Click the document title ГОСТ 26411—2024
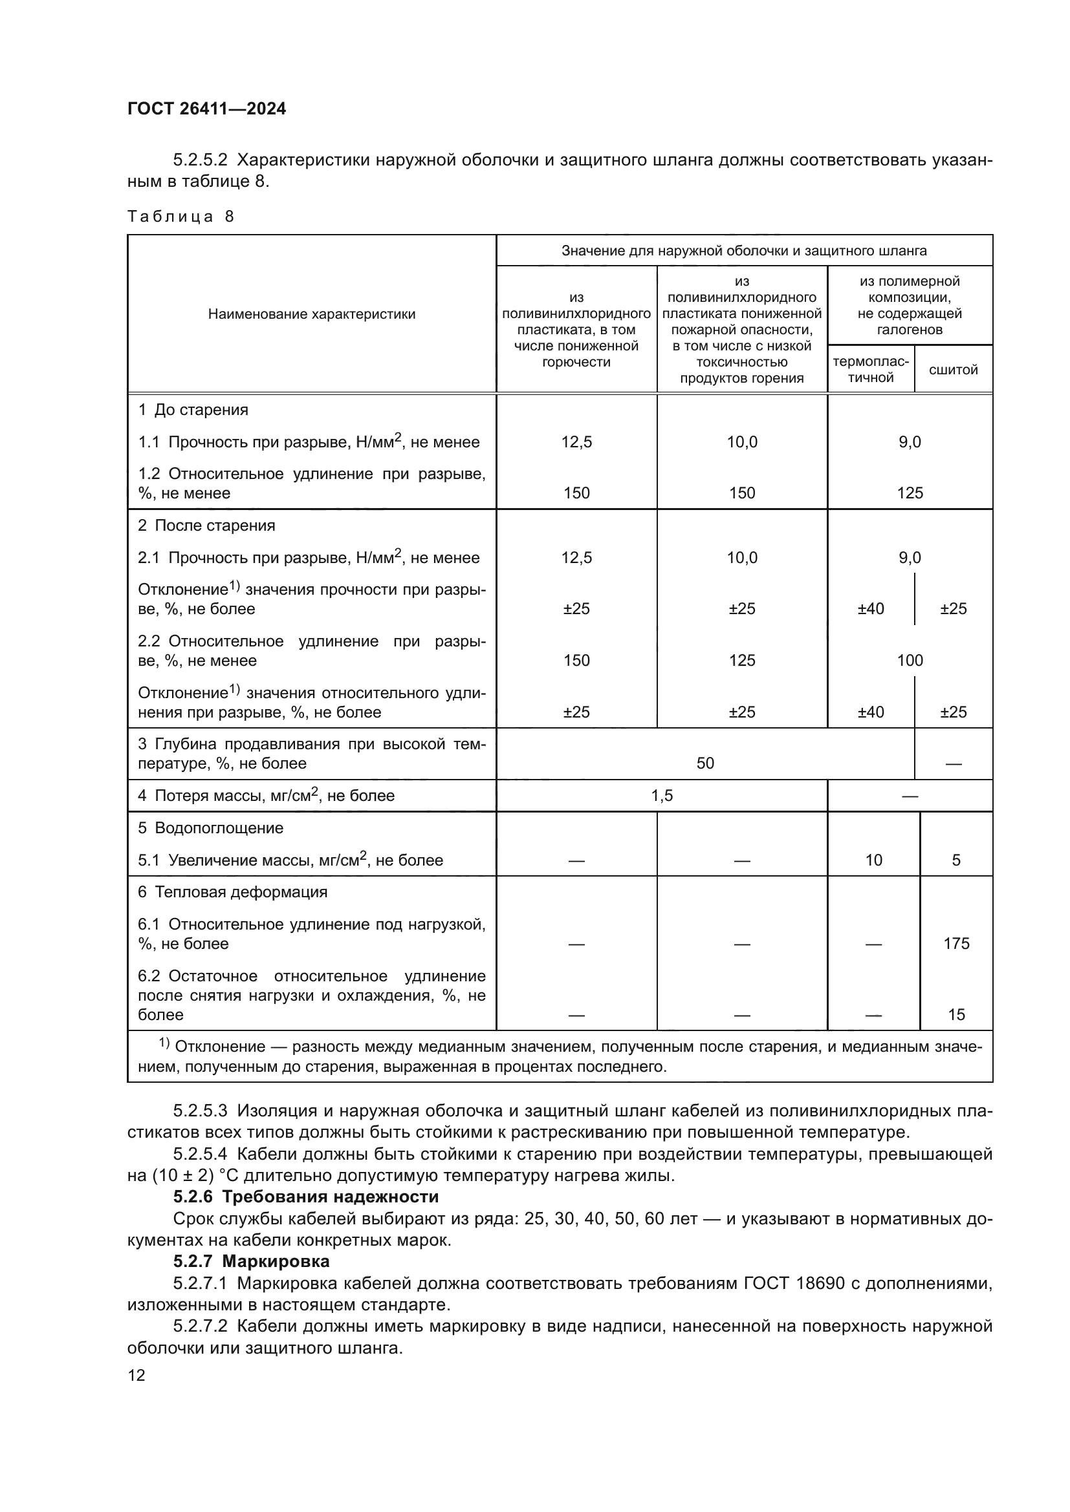206,109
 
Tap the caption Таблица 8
180,217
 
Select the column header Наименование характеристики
312,314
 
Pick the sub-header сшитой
953,370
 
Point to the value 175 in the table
956,944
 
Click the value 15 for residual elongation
956,1015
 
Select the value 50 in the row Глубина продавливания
705,763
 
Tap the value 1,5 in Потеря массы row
662,796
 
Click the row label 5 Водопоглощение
210,828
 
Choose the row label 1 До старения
192,410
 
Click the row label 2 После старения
206,526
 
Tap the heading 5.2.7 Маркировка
251,1261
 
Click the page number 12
136,1375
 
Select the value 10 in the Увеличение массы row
873,860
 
